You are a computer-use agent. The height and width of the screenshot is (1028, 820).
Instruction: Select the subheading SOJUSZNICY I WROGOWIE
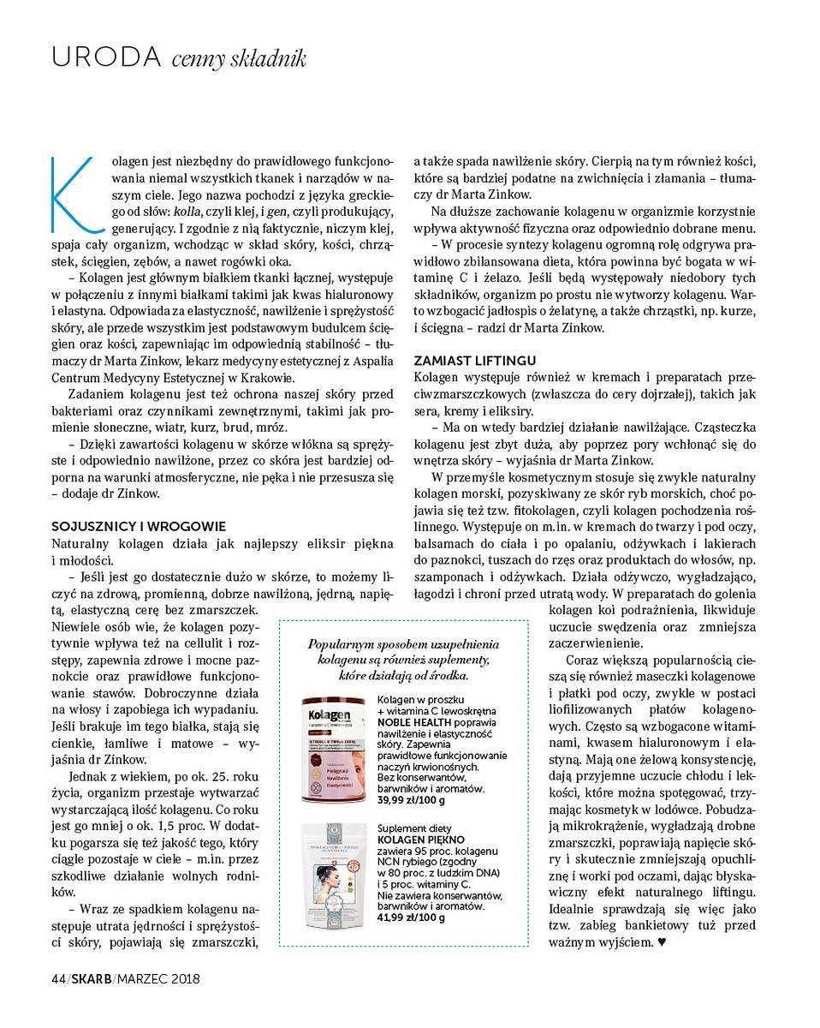(139, 527)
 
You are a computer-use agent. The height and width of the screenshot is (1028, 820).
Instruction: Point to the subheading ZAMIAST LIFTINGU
(475, 361)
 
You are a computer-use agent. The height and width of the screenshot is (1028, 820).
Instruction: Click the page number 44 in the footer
(58, 977)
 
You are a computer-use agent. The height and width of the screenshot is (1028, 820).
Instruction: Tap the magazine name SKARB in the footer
(91, 977)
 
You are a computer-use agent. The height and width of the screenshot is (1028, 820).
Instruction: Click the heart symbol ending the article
(660, 942)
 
